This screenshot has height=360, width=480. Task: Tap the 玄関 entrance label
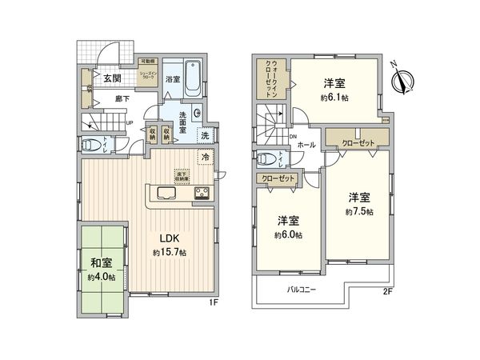pyautogui.click(x=111, y=78)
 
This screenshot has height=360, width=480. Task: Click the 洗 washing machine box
pyautogui.click(x=206, y=134)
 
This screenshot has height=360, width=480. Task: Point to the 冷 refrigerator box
pyautogui.click(x=206, y=158)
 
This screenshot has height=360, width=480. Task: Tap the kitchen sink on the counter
pyautogui.click(x=168, y=191)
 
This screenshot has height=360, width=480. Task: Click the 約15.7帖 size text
pyautogui.click(x=169, y=252)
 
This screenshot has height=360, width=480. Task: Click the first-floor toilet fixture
pyautogui.click(x=90, y=146)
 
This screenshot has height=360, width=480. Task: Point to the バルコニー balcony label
pyautogui.click(x=300, y=290)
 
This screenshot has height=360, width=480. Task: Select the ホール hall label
pyautogui.click(x=305, y=146)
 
